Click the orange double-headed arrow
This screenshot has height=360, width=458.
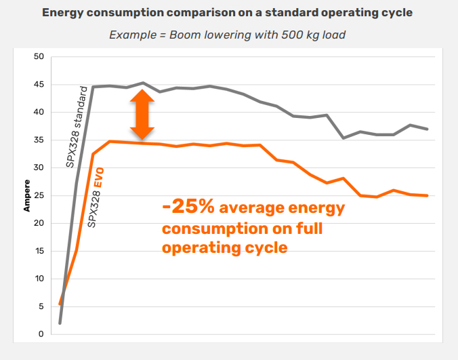click(x=143, y=115)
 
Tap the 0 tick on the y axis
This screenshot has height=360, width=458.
click(x=41, y=334)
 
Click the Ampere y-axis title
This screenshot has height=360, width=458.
click(x=27, y=196)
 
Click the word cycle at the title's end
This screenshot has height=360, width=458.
click(x=398, y=13)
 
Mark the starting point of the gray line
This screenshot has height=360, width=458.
click(x=60, y=323)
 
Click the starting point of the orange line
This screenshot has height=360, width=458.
click(x=60, y=304)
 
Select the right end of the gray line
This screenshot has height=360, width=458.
click(x=428, y=129)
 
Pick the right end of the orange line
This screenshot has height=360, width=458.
click(x=428, y=196)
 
